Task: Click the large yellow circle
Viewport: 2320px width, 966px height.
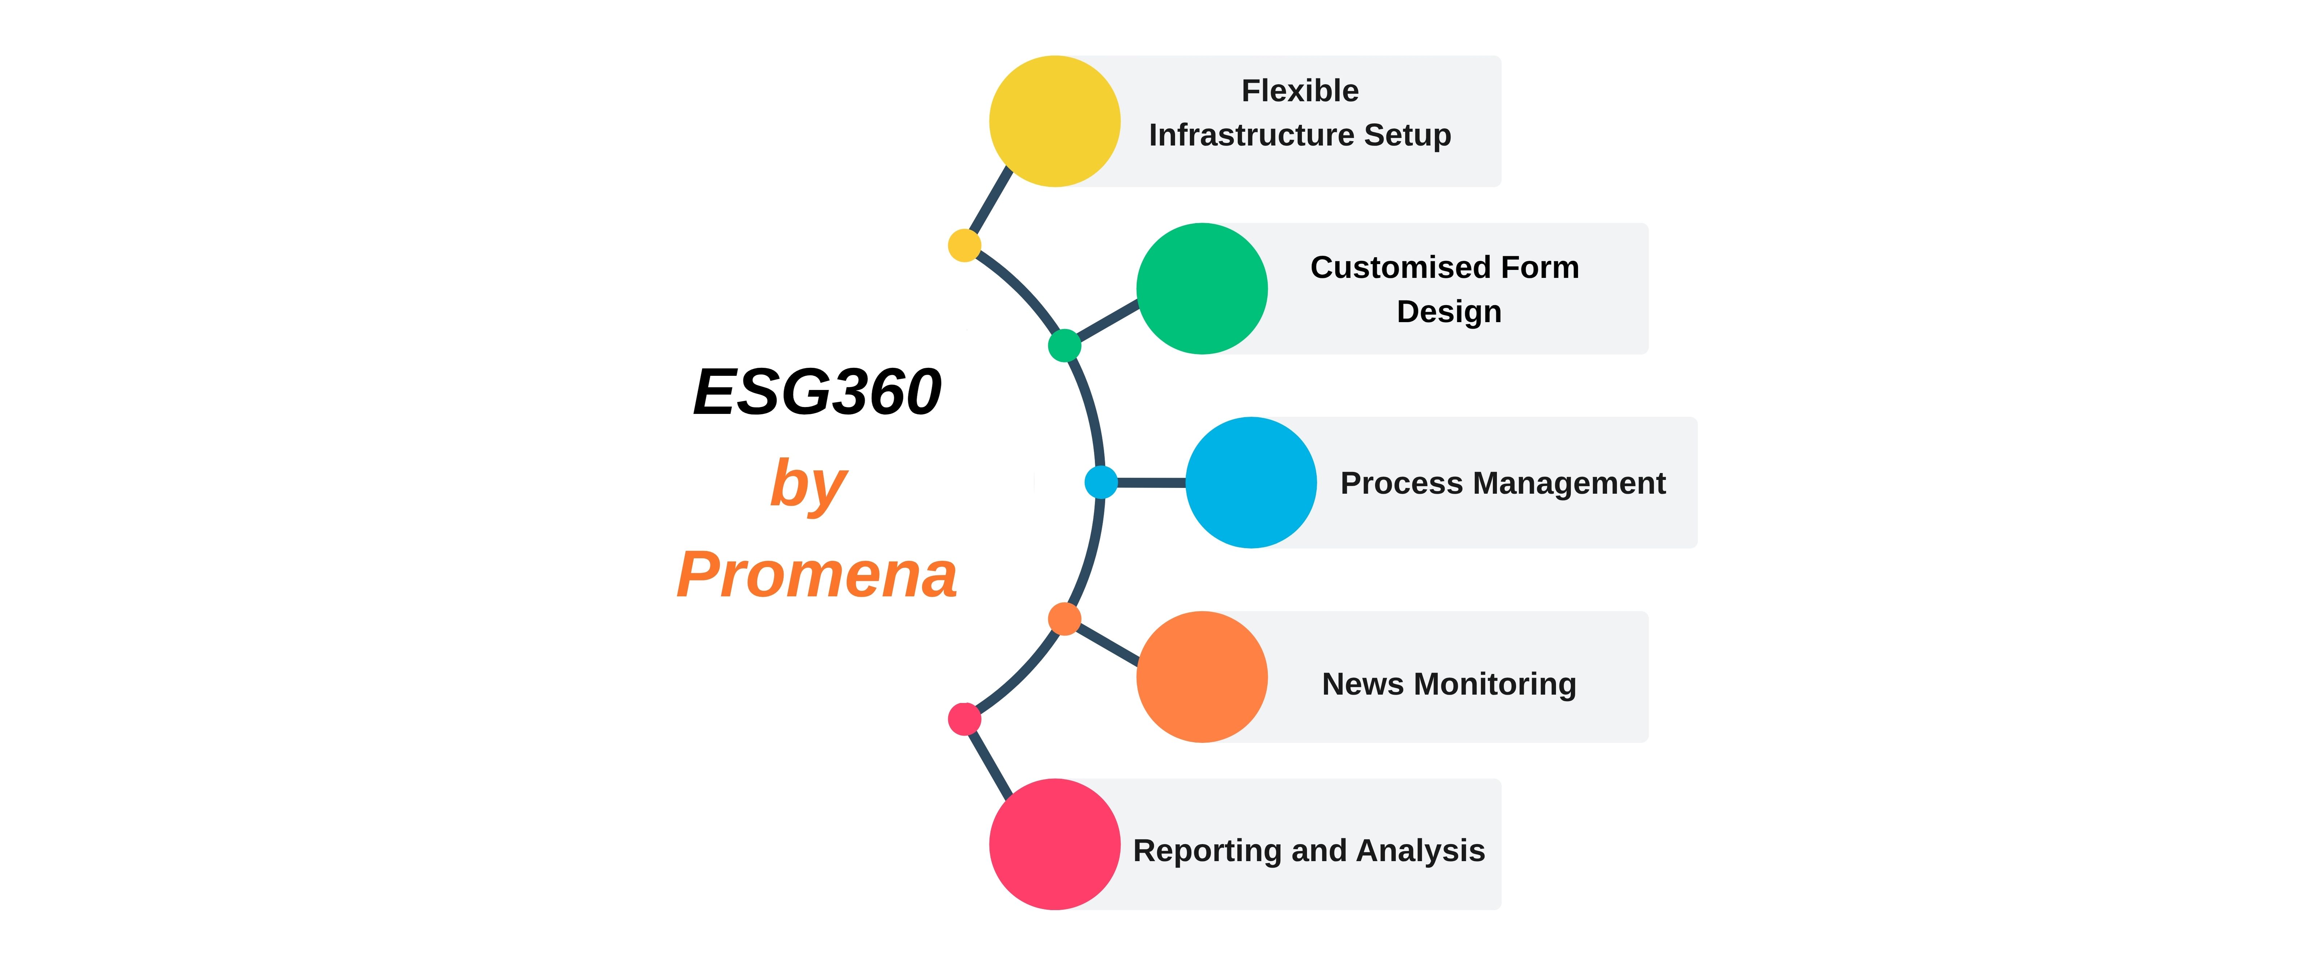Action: pyautogui.click(x=1055, y=122)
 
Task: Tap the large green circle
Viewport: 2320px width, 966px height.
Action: pyautogui.click(x=1202, y=288)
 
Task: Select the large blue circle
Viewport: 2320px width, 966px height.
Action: pyautogui.click(x=1251, y=482)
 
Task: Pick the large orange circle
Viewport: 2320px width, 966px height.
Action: pyautogui.click(x=1202, y=677)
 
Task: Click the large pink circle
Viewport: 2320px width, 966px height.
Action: pyautogui.click(x=1055, y=844)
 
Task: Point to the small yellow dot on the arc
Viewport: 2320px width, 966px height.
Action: pyautogui.click(x=965, y=245)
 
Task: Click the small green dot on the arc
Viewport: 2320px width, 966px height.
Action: pyautogui.click(x=1065, y=345)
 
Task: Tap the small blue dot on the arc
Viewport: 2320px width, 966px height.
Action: pyautogui.click(x=1101, y=482)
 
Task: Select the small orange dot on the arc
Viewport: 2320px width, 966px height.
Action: pyautogui.click(x=1065, y=619)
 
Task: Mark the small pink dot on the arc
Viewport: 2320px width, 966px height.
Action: pyautogui.click(x=965, y=719)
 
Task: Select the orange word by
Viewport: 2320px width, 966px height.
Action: pyautogui.click(x=809, y=485)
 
